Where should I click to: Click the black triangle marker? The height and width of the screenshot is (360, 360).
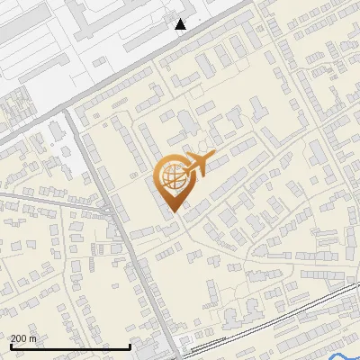[181, 24]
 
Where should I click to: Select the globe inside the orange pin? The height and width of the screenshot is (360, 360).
[172, 175]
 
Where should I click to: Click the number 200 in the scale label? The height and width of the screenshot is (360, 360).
[18, 338]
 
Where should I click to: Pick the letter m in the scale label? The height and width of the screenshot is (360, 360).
[33, 338]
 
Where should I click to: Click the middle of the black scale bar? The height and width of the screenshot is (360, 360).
[71, 346]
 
